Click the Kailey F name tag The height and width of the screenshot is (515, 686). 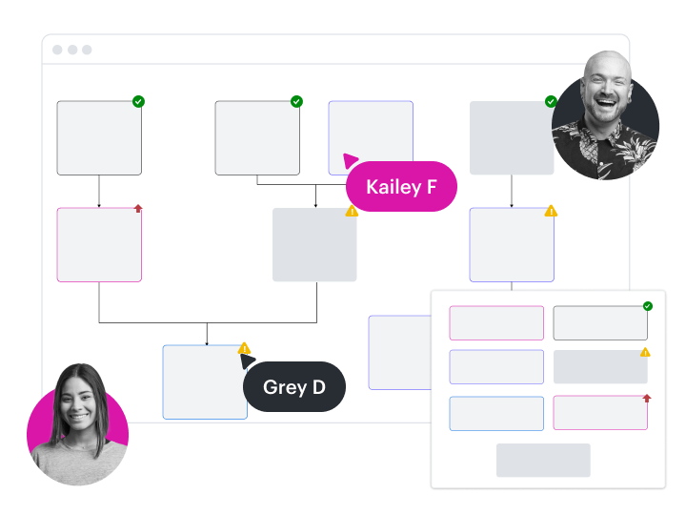click(x=401, y=187)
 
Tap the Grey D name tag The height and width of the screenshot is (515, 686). click(x=293, y=387)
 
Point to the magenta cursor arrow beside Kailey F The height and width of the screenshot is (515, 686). click(x=351, y=161)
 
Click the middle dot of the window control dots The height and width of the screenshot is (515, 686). click(x=72, y=50)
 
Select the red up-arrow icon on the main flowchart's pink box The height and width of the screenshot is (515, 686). click(x=138, y=208)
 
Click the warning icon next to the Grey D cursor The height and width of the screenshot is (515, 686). click(x=244, y=348)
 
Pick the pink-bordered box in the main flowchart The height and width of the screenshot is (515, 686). click(x=99, y=245)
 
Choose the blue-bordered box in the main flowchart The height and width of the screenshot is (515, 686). click(x=204, y=382)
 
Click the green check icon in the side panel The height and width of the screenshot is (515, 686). click(x=648, y=306)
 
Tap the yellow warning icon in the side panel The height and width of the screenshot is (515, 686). click(x=645, y=352)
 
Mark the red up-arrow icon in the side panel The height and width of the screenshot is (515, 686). click(x=647, y=398)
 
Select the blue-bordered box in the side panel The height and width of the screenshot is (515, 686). click(x=496, y=414)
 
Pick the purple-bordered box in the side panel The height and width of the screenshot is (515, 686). click(x=496, y=367)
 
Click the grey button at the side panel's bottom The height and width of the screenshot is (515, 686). click(x=543, y=460)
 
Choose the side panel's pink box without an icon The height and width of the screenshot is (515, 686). click(x=496, y=322)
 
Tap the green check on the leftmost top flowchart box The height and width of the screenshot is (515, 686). click(x=139, y=101)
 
